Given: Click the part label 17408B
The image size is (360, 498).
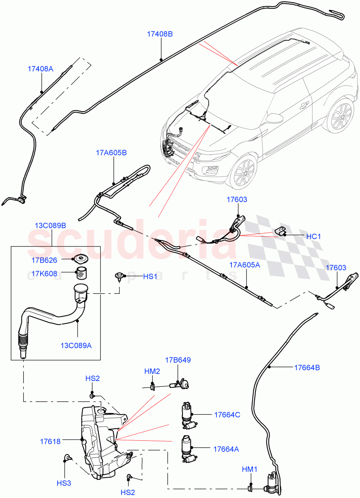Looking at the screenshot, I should point(160,34).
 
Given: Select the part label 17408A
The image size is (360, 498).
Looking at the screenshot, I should point(41,69).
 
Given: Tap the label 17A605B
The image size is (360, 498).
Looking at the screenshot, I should point(112,153).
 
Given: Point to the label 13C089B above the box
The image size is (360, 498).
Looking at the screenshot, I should point(51,226).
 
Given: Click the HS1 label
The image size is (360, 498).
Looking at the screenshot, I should point(150,276).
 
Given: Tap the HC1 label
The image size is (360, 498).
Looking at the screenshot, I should point(314,236).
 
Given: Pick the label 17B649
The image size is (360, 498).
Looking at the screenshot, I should point(178,360).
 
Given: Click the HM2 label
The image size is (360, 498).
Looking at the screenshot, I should point(152,371).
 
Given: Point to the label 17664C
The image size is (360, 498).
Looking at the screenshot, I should point(227,415).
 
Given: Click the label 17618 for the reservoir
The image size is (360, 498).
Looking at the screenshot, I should point(51,442).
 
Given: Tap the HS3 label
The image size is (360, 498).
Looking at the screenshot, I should point(64,483).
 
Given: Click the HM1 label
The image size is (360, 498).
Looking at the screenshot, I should point(250,469).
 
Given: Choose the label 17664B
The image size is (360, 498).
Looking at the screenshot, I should point(307,367).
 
